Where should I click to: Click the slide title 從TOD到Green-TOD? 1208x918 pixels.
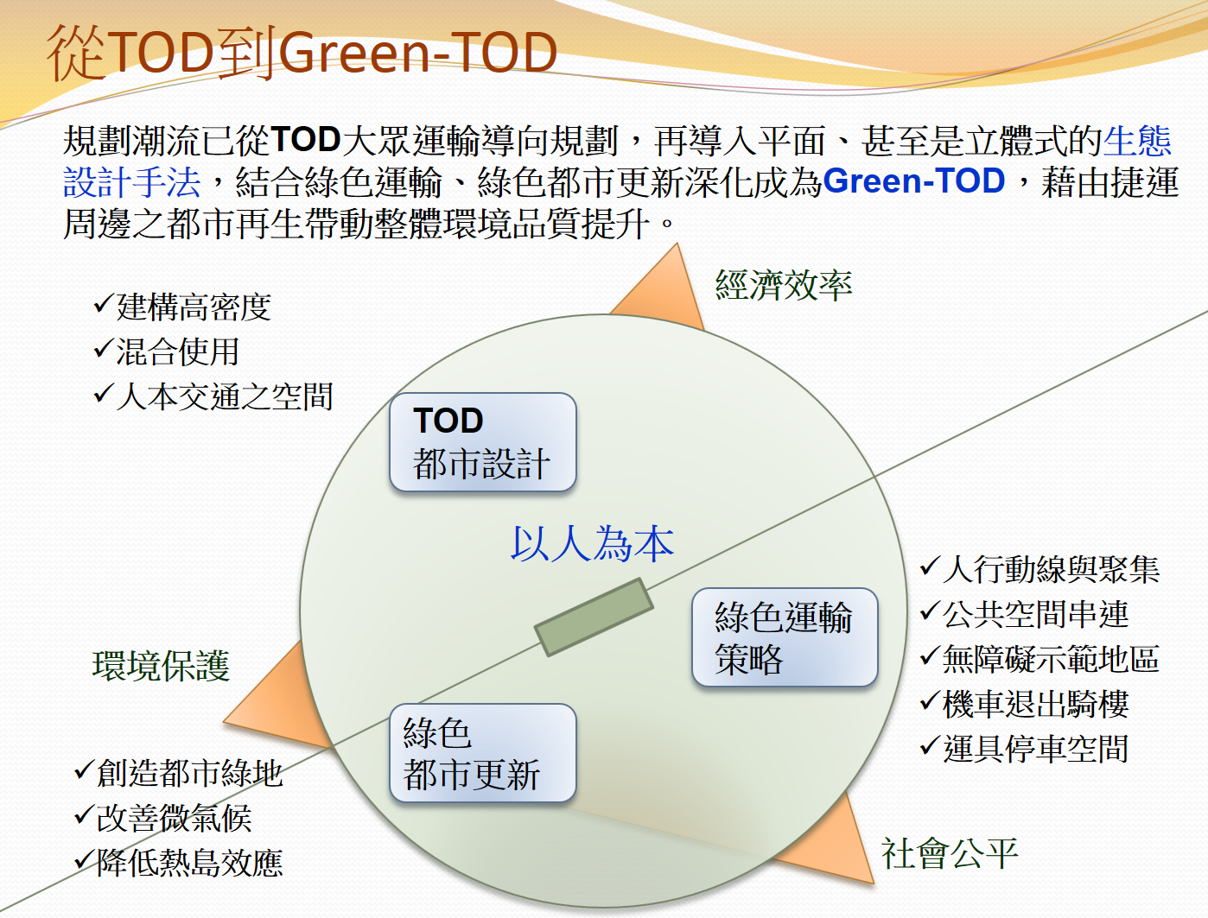click(302, 53)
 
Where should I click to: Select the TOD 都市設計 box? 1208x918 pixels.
click(483, 441)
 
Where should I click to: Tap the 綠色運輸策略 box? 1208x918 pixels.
click(785, 637)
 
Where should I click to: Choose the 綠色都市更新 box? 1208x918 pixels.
click(483, 752)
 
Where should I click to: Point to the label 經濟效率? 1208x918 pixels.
click(784, 285)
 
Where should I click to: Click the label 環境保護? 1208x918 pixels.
click(161, 666)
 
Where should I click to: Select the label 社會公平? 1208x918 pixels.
click(950, 853)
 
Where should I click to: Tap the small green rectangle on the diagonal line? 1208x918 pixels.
click(594, 617)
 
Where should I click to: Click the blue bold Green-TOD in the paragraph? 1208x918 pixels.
click(914, 180)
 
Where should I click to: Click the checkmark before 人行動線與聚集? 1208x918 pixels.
click(930, 566)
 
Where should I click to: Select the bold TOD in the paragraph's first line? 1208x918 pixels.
click(305, 139)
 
